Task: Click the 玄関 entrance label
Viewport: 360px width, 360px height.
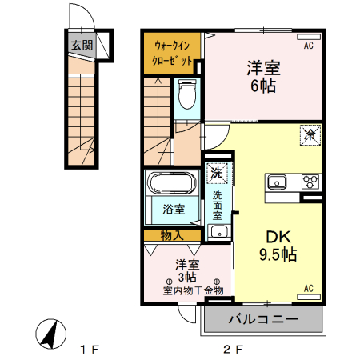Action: pos(80,45)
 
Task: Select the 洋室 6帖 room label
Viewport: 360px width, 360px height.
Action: pos(262,76)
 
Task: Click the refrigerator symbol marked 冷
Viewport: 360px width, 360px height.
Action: pos(310,135)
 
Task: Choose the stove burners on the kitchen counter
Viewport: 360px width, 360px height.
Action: pos(310,182)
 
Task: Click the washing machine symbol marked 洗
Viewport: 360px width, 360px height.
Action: pos(216,171)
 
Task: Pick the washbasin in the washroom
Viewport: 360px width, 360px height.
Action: pos(217,232)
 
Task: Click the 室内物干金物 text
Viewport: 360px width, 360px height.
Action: pos(193,291)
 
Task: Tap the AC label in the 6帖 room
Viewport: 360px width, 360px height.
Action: pos(308,46)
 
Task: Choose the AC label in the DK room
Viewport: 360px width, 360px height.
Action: pos(308,288)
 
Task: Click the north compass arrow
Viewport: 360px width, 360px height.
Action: pos(50,333)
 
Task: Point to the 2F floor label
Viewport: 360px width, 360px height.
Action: pos(232,350)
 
